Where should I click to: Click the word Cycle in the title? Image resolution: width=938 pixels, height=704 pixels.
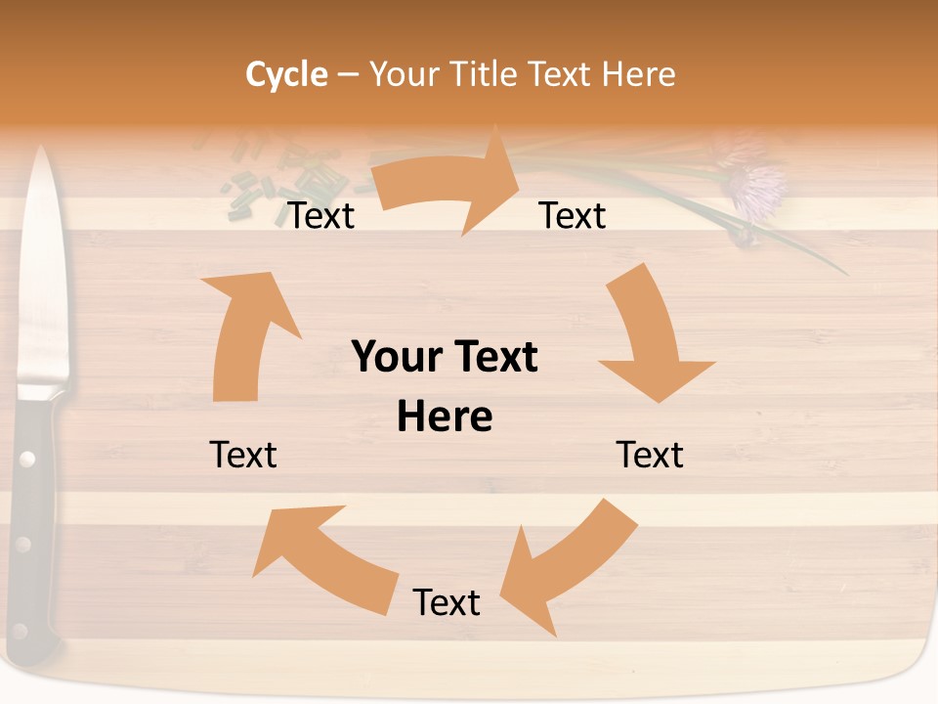286,74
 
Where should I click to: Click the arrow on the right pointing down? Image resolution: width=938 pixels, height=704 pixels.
650,342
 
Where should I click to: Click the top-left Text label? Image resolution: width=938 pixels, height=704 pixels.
321,216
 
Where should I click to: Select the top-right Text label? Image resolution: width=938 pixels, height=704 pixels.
573,216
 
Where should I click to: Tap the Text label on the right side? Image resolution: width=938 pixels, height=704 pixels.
650,455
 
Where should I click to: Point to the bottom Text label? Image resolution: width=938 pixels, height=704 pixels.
447,602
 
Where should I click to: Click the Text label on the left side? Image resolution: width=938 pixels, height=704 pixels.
243,455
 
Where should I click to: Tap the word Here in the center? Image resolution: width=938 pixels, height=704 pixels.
445,418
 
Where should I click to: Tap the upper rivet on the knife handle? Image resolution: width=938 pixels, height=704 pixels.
26,457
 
